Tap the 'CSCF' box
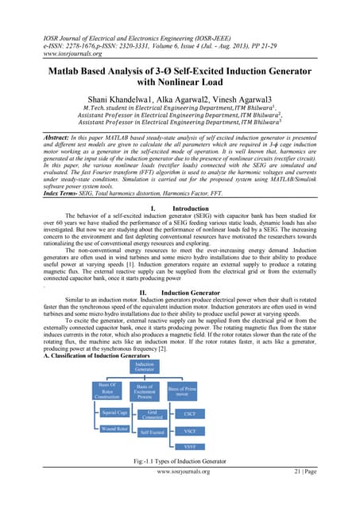point(189,414)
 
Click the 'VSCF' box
point(189,431)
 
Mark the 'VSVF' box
point(189,446)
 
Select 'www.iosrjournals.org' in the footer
point(180,494)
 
